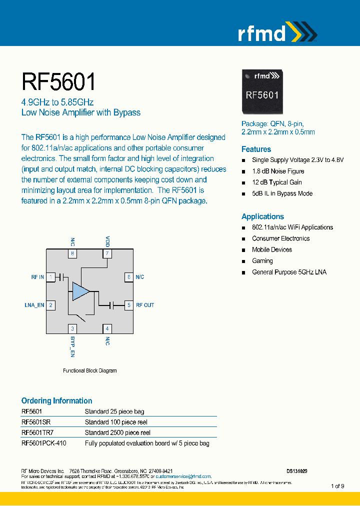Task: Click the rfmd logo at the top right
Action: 276,33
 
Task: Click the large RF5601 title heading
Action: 58,81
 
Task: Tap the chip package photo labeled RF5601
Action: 261,91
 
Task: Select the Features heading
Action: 256,149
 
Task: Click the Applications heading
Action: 262,216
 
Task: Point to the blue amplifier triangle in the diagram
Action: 80,291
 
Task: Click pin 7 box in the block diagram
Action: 107,254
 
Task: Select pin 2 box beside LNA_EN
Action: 51,305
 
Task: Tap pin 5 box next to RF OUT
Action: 128,305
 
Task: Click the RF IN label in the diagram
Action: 37,277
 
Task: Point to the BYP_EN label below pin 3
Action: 73,346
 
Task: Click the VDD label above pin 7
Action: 107,241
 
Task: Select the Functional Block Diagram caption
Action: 89,370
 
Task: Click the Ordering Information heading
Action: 56,400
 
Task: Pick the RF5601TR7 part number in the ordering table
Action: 37,432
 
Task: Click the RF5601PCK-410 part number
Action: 43,443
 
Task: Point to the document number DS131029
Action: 296,471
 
